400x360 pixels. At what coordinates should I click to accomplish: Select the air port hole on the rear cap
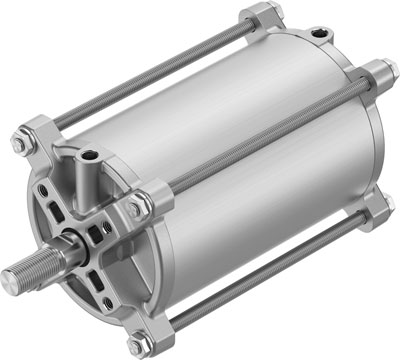[x=320, y=37]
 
